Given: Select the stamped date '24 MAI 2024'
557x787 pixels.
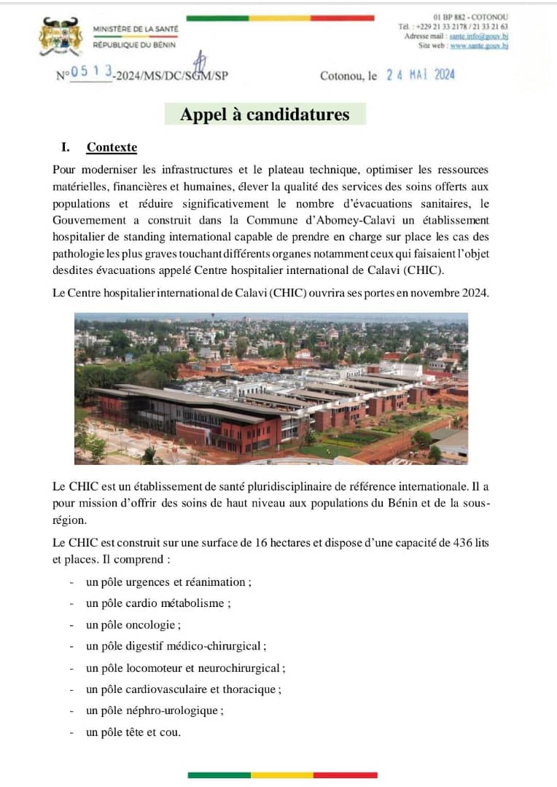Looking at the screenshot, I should (x=421, y=75).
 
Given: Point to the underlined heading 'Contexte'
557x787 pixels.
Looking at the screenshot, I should (x=112, y=147).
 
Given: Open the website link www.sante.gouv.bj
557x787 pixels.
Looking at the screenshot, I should (x=479, y=45).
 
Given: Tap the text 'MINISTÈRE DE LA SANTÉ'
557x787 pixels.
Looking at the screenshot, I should (x=136, y=28).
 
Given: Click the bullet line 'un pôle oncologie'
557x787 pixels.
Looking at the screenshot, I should (x=132, y=624).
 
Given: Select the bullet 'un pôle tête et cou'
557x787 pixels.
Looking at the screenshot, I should (x=133, y=732).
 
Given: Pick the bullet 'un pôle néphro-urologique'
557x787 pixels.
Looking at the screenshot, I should (x=154, y=710).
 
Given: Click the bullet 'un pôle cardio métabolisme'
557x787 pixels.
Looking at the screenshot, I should (x=157, y=603).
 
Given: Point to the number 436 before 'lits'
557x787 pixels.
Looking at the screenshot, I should (x=464, y=544).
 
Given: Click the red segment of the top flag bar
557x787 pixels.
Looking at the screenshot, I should (x=343, y=17).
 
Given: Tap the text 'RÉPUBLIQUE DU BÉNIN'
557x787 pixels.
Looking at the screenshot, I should (x=134, y=45).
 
